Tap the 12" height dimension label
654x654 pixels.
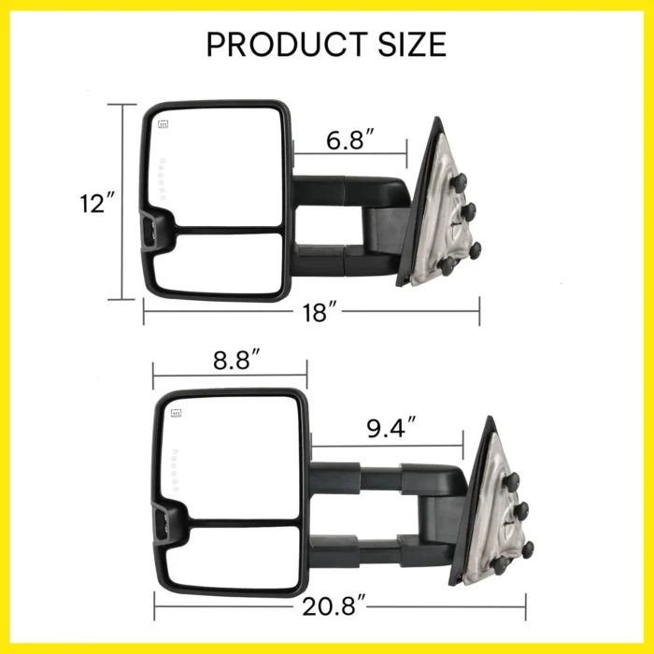(96, 204)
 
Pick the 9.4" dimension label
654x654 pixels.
(391, 429)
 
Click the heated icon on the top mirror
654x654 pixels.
(163, 123)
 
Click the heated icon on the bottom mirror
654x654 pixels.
(175, 411)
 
